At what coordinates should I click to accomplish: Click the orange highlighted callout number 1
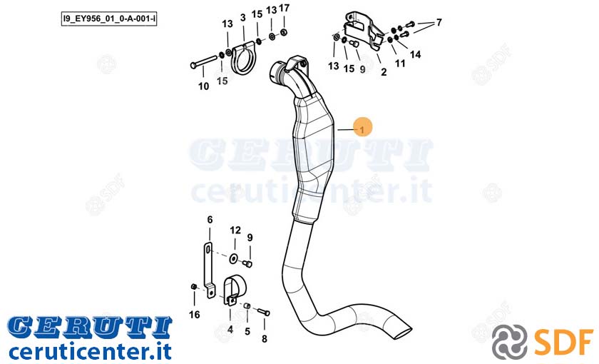(362, 128)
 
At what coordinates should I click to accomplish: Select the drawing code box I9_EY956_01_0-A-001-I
(109, 19)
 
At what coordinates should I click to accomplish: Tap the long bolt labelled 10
(205, 62)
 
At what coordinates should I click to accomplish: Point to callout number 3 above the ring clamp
(243, 18)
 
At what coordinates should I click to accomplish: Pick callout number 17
(285, 8)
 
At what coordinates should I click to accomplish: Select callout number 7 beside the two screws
(439, 23)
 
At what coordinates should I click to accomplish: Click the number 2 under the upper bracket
(384, 72)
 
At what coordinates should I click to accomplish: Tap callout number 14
(415, 55)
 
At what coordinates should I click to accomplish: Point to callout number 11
(399, 64)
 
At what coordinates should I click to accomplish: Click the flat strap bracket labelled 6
(208, 270)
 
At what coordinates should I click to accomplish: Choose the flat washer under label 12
(234, 258)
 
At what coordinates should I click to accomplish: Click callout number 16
(195, 315)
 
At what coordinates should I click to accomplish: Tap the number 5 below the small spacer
(247, 331)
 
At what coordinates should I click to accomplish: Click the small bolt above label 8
(264, 312)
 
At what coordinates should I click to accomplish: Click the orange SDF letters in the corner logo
(563, 341)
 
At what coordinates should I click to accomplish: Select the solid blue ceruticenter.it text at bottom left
(90, 351)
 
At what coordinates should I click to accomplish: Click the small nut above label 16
(194, 287)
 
